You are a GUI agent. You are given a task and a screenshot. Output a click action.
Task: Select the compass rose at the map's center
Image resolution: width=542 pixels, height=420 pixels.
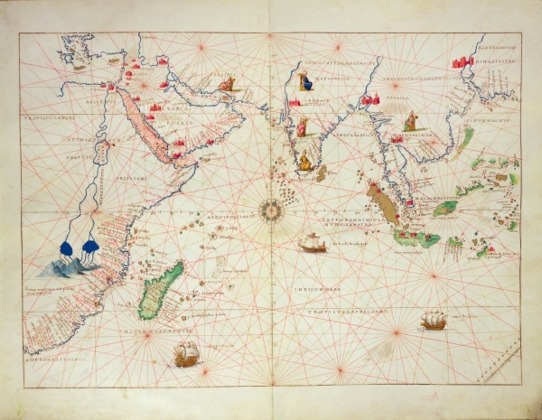pos(272,210)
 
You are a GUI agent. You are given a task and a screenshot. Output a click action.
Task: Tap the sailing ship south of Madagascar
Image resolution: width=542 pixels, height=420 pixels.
pos(187,354)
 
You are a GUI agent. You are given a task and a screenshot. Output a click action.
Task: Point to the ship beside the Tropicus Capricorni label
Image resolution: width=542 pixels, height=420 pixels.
pos(434,320)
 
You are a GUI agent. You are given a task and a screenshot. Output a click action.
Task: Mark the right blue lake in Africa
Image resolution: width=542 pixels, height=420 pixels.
pos(90,246)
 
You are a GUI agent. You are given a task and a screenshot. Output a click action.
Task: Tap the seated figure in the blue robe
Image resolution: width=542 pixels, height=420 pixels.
pos(305,81)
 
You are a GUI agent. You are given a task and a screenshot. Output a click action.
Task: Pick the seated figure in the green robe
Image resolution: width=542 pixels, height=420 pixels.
pos(411,122)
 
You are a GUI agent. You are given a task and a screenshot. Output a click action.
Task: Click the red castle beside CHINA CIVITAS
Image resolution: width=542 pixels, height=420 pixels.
pos(462,62)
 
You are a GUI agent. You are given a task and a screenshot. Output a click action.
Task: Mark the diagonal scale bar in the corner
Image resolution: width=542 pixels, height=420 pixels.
pos(498,360)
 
